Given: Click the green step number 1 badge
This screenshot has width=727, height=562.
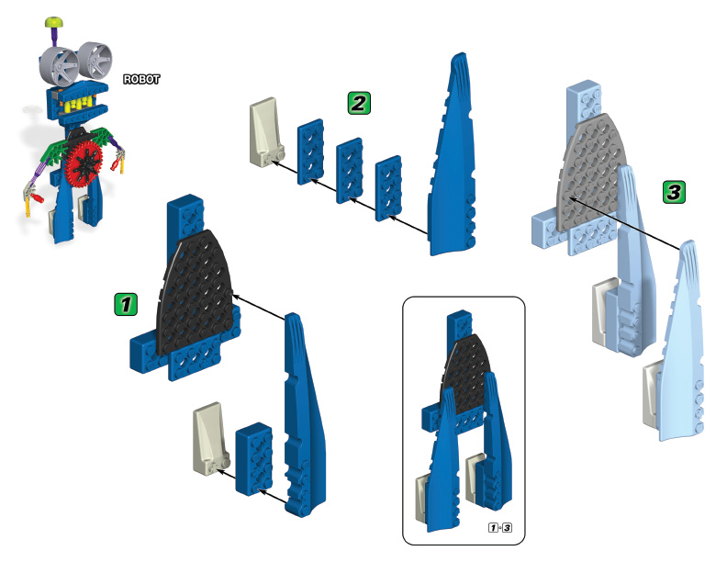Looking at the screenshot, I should pos(125,303).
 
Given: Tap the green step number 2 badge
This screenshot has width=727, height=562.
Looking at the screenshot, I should pos(359,102).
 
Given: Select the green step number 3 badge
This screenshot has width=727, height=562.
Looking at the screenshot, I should pos(673,192).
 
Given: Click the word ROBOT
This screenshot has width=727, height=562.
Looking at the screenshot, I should pos(142,80).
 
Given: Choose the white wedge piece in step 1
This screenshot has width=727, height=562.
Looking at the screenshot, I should pos(207,440).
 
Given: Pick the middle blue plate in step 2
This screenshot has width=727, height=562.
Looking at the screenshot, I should pos(350,166).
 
